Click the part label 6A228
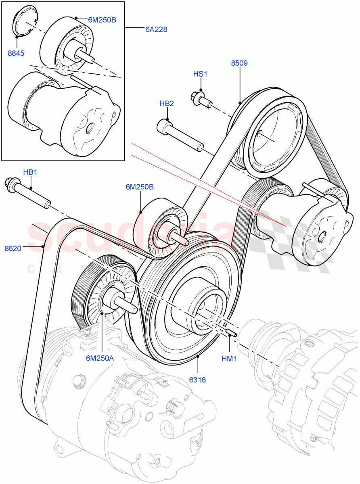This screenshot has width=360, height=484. point(156,29)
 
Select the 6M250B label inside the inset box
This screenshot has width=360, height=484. point(102,19)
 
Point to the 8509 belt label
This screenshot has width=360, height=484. point(239,63)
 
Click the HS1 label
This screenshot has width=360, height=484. point(200,74)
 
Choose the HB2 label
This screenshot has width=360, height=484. point(167,103)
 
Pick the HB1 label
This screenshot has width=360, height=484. point(30,172)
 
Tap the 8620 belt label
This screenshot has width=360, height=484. point(13,249)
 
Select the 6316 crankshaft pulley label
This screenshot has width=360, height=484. point(198,380)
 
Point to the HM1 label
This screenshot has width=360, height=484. point(229,359)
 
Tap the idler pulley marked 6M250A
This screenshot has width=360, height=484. point(107,292)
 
